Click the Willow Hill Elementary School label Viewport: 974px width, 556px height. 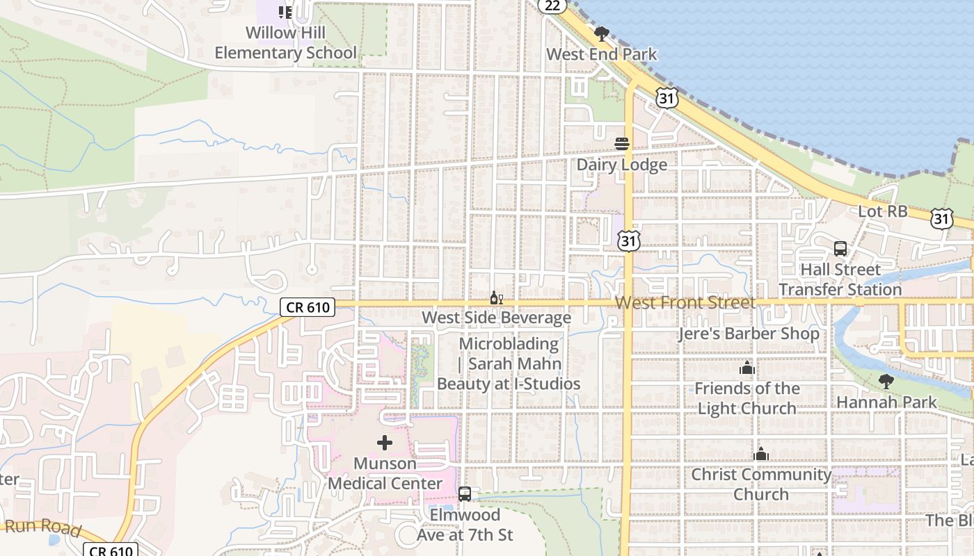(x=285, y=43)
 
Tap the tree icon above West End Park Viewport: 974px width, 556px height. (x=602, y=34)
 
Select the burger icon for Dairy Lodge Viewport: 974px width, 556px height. (x=622, y=144)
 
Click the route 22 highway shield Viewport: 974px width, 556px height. (x=552, y=6)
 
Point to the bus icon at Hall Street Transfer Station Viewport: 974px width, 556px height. (x=840, y=249)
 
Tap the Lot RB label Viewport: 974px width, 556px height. (x=883, y=211)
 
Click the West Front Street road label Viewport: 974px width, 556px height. (x=685, y=303)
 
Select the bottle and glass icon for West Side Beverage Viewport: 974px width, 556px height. (x=497, y=298)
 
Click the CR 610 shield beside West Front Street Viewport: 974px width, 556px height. (x=308, y=306)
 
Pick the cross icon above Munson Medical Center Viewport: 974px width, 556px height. (x=385, y=443)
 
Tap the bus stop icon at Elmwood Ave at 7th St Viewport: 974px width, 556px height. (x=465, y=494)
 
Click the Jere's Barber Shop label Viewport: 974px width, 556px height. (x=749, y=334)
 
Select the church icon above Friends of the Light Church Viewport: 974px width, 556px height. (x=747, y=368)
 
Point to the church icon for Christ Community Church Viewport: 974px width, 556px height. (x=761, y=455)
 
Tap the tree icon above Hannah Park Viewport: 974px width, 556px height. (x=886, y=382)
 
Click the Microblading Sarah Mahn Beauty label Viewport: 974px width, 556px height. (x=509, y=363)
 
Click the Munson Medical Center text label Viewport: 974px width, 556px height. (x=385, y=473)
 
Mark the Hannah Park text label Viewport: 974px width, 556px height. (x=886, y=402)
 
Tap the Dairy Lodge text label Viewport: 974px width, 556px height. (x=621, y=165)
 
